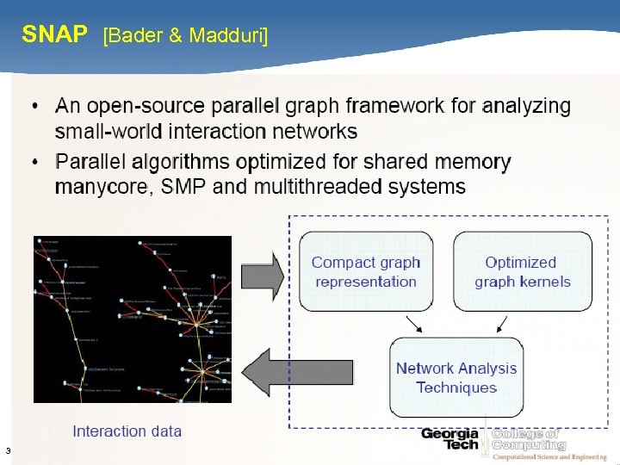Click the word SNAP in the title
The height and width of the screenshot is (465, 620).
click(x=54, y=34)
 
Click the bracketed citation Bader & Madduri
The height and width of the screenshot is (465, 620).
click(x=185, y=35)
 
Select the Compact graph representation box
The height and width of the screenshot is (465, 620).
click(x=366, y=272)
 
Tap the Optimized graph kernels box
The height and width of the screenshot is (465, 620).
click(x=522, y=272)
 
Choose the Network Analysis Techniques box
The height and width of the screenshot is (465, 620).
click(x=456, y=378)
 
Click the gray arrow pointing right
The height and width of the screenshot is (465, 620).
click(x=262, y=275)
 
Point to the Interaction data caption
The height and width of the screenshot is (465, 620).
click(x=127, y=431)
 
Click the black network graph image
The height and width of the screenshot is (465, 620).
click(x=133, y=319)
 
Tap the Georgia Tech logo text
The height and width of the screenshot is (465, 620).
click(x=449, y=438)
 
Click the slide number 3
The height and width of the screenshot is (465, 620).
click(x=7, y=450)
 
